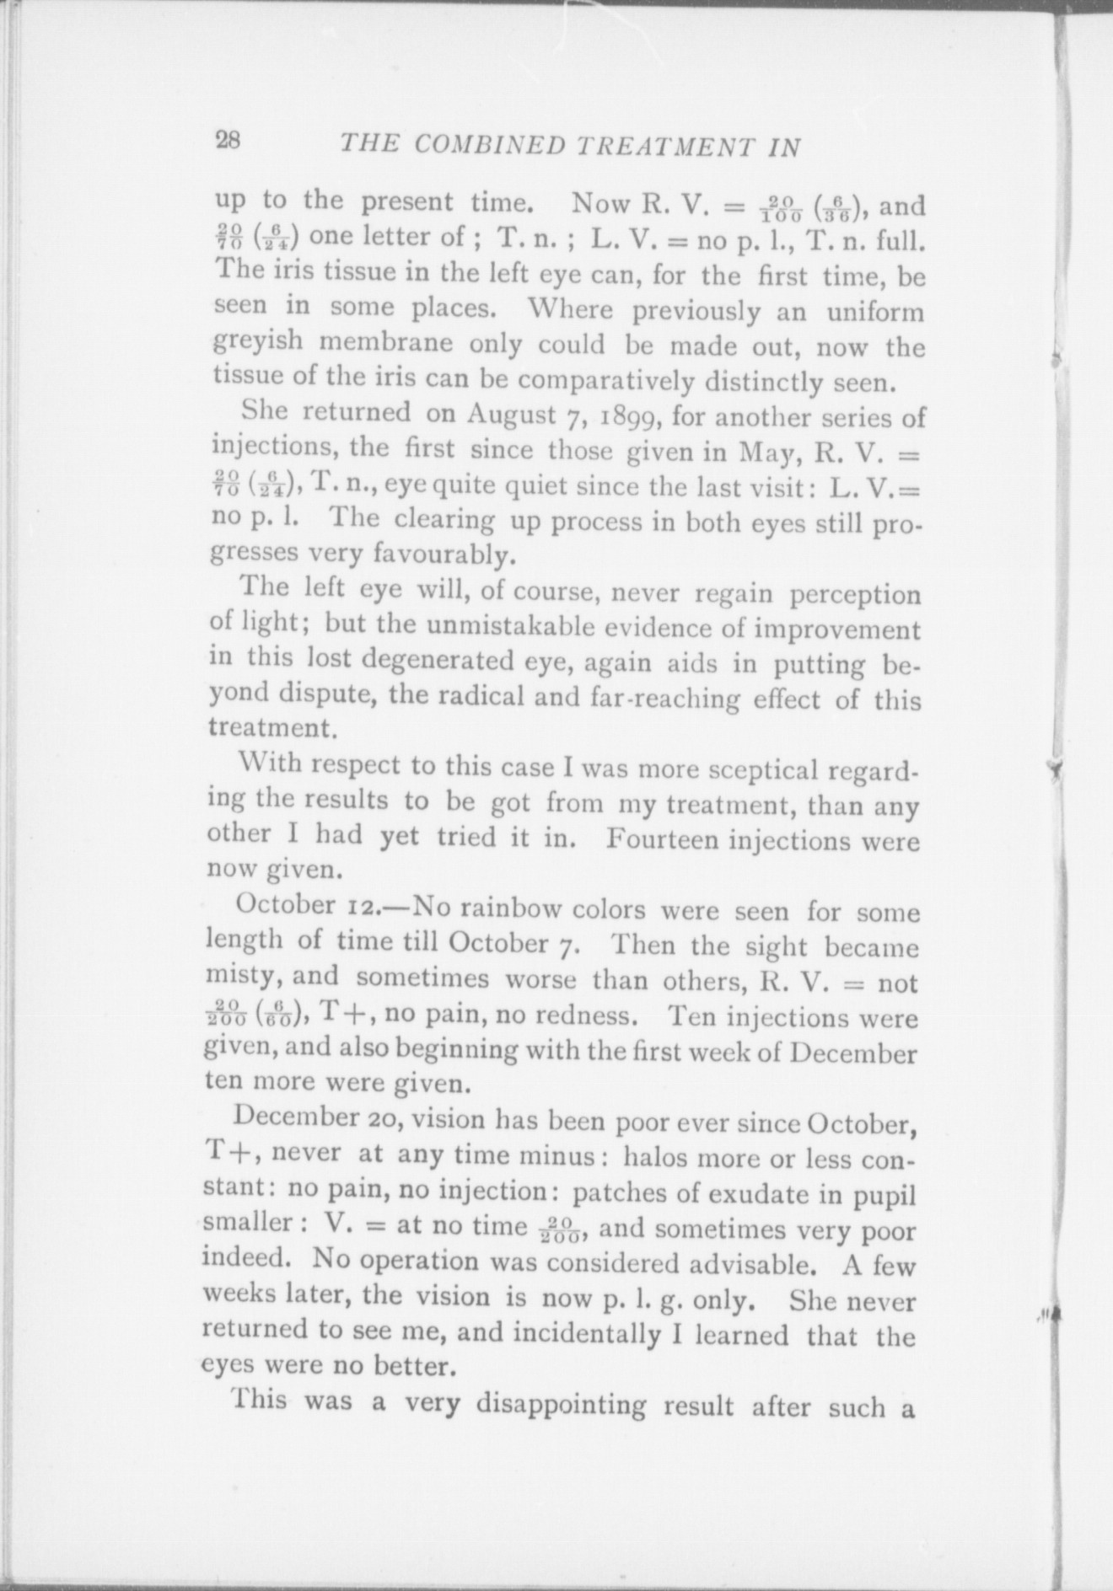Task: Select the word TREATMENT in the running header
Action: point(667,147)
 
